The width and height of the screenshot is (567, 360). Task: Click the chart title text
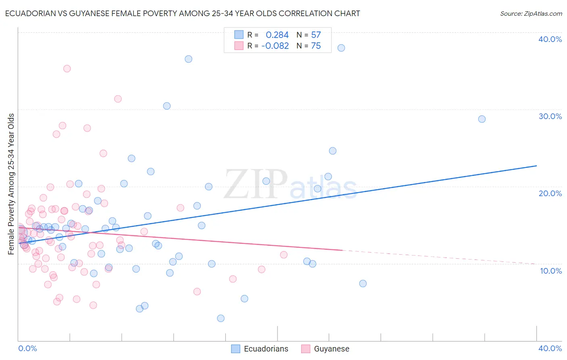[182, 13]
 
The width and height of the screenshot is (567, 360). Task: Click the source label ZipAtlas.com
[531, 13]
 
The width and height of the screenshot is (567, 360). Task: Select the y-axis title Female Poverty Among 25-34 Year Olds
[11, 184]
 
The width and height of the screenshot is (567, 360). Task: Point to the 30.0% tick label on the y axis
[550, 116]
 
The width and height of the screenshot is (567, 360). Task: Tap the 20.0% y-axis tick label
[550, 193]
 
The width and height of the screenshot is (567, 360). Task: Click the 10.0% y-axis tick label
[551, 271]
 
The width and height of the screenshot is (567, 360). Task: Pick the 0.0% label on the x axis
[27, 348]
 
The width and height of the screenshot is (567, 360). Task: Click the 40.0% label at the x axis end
[550, 348]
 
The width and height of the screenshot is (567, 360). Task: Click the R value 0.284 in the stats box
[277, 35]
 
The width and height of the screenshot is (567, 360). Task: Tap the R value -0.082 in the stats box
[275, 46]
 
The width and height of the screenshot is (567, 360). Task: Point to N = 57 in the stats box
[309, 35]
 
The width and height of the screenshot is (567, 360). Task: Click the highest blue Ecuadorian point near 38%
[341, 48]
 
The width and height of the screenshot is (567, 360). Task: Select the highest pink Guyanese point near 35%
[67, 69]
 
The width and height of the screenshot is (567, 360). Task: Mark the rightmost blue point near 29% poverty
[482, 119]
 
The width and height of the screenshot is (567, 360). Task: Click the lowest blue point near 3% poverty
[221, 318]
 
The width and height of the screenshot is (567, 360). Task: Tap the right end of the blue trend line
[536, 166]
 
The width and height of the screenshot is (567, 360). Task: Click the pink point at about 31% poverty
[118, 99]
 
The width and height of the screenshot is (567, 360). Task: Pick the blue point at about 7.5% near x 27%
[363, 284]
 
